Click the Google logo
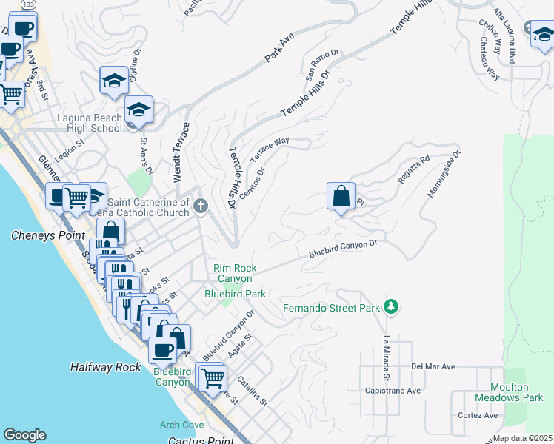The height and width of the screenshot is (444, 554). pos(24,435)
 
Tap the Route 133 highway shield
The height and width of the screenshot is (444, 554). pos(28,4)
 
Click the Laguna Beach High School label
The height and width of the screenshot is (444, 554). pos(90,123)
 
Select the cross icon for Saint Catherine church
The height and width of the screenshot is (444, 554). pos(201,206)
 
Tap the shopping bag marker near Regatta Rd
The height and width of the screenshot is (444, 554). pos(341,197)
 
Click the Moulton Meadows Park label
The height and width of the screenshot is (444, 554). pos(519,392)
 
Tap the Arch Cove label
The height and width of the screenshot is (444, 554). pos(181,425)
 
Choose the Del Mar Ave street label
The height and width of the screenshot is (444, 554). pos(433,366)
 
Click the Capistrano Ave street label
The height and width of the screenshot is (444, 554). pos(393,390)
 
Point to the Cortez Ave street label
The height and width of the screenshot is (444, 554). pos(478,415)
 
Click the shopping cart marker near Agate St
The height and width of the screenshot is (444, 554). pos(213,377)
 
